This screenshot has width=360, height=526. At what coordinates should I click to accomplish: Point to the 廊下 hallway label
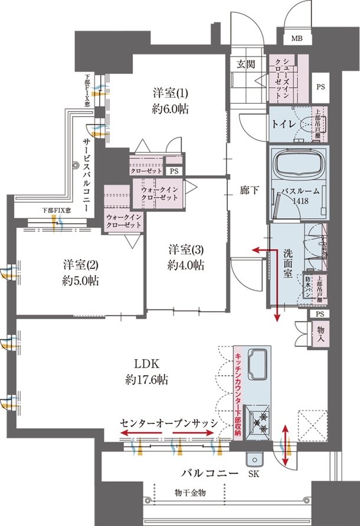[248, 190]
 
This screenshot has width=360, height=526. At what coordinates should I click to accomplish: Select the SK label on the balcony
[254, 474]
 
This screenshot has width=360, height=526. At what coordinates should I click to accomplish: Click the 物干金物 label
[189, 492]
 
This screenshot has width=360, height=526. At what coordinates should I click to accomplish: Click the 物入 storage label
[321, 336]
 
